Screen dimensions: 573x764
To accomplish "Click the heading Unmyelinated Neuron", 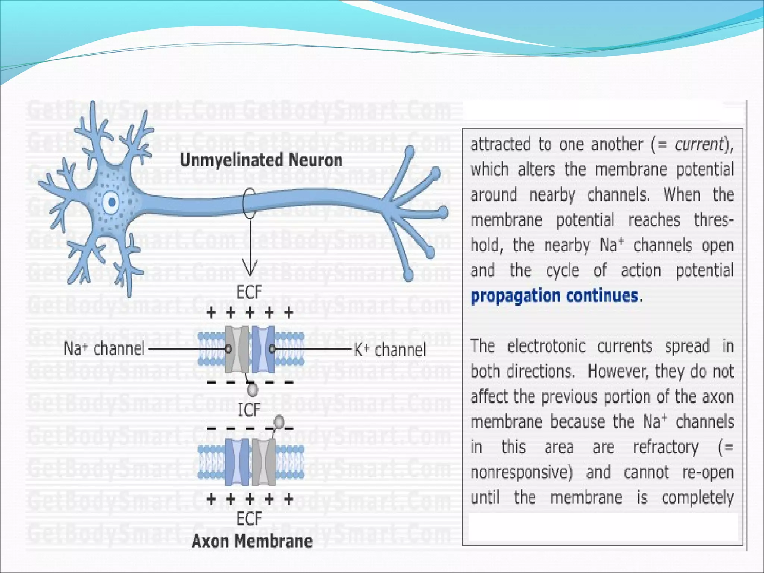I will (261, 160).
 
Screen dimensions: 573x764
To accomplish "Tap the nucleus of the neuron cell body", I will (112, 203).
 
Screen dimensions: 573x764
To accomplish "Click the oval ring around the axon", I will (249, 203).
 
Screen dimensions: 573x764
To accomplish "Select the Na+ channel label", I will (104, 349).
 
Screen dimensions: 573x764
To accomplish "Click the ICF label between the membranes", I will (249, 410).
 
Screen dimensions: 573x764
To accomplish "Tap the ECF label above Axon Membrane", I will (249, 519).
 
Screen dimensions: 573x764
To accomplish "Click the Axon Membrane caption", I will (252, 541).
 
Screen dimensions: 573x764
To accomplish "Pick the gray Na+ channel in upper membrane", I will (237, 349).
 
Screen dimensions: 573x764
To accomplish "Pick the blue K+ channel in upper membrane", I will (263, 349).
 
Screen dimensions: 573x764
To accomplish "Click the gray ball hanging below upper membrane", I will (253, 390).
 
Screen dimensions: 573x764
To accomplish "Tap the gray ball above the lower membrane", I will (279, 422).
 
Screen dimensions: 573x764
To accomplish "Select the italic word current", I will (699, 144).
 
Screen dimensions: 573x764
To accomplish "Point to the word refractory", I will (666, 447).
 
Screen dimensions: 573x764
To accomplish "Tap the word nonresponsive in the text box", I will (521, 472).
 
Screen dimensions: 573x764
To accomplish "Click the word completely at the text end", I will (698, 498).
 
